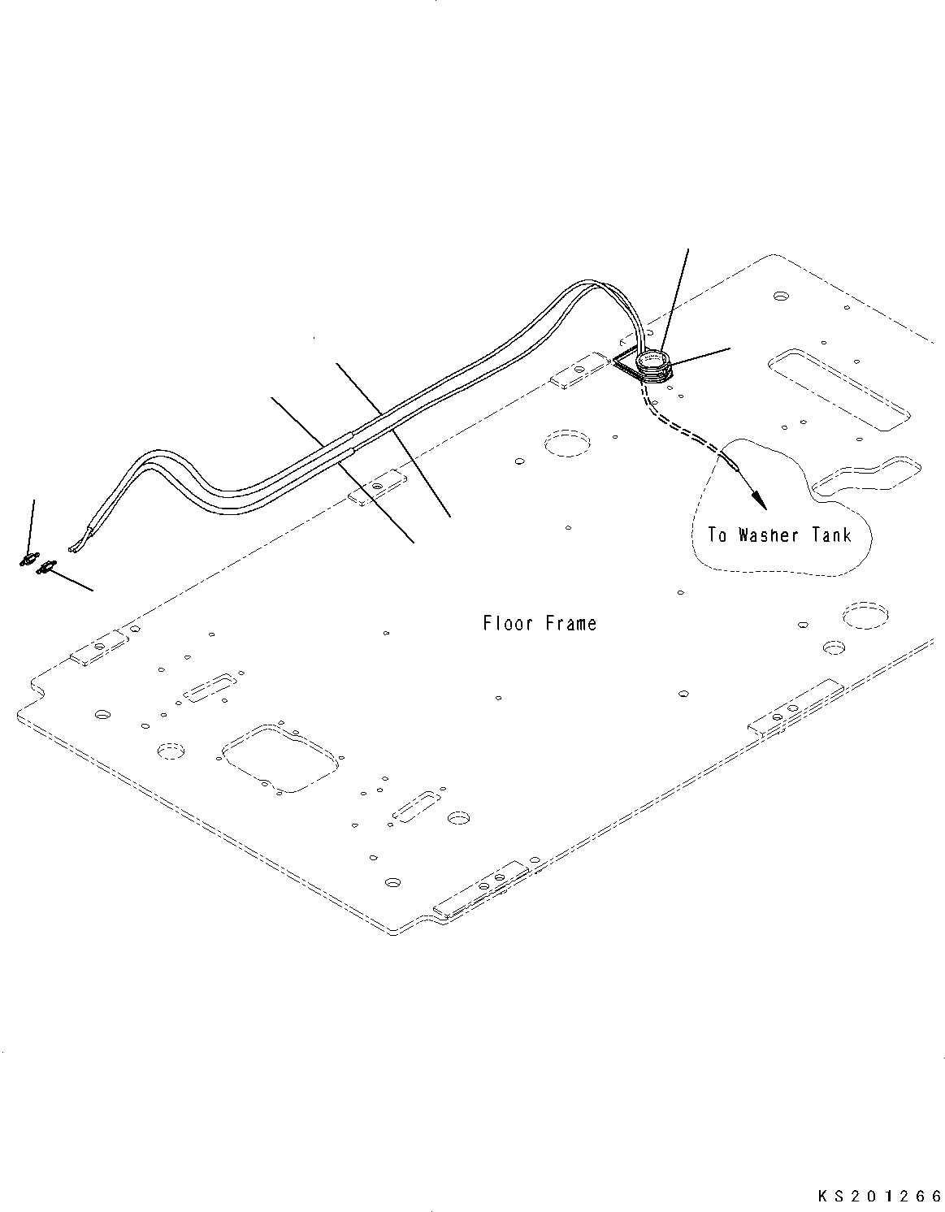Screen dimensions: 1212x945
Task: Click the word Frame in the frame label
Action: click(x=571, y=624)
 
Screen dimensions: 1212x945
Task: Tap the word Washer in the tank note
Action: click(x=769, y=535)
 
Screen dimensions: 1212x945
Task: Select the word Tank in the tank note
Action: click(x=832, y=535)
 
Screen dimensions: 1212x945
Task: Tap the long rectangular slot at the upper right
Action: click(x=838, y=387)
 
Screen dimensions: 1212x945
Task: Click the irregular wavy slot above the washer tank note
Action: click(x=867, y=478)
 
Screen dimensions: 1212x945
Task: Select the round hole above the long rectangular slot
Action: click(x=781, y=296)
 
